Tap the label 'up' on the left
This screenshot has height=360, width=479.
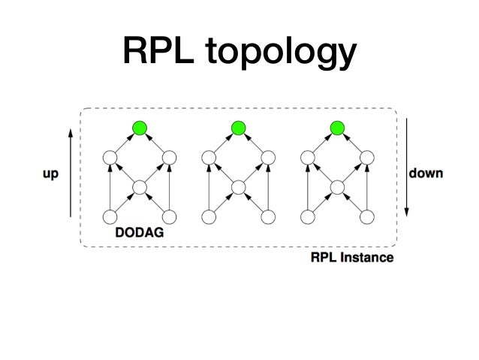pos(50,174)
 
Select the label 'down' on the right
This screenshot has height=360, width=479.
pos(426,173)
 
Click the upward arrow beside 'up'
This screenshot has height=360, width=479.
pos(70,173)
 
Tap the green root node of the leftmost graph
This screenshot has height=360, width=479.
pos(139,128)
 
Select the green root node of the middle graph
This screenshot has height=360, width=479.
pos(238,128)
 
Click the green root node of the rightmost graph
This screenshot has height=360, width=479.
pos(337,128)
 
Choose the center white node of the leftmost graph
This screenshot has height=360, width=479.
pos(139,187)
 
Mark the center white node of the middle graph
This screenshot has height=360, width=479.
pos(238,187)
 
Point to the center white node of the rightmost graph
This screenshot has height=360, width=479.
pos(337,187)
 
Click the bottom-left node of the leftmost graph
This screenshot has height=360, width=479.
pos(110,217)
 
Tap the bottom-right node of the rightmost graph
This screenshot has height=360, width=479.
pos(367,217)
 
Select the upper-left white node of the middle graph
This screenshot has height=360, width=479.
pos(208,158)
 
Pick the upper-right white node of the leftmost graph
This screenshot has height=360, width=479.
pos(169,158)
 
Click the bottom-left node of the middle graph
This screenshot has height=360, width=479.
pos(208,217)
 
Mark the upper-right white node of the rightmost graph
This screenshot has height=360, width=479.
pos(367,158)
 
